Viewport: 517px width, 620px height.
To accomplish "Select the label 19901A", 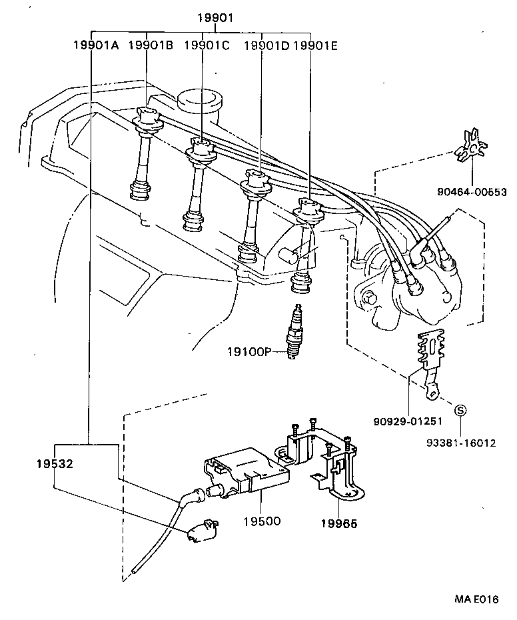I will point(96,45).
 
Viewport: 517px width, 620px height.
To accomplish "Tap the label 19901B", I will point(150,45).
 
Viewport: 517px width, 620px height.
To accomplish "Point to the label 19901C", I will point(206,45).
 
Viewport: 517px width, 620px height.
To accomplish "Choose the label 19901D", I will point(266,45).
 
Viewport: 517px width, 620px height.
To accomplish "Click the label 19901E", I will point(316,45).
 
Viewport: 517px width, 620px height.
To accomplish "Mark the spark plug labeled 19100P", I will point(293,333).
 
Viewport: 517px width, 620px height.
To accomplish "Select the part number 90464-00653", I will point(472,193).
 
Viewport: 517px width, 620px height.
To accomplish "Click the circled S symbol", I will point(460,410).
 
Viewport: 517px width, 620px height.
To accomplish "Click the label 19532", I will point(54,462).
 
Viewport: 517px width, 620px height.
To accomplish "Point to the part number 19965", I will point(338,523).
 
